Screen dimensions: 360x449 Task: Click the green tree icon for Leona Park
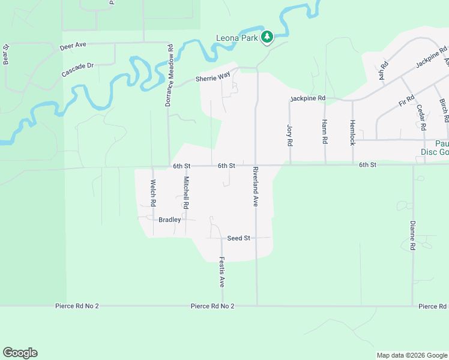pos(267,38)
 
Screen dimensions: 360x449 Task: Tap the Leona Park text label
pos(237,38)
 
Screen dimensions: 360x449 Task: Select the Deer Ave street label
pos(73,46)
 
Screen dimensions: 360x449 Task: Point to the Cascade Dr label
pos(77,69)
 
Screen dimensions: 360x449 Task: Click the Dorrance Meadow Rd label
pos(170,75)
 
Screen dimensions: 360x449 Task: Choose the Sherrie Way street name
pos(212,77)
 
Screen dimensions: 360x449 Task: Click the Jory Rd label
pos(290,136)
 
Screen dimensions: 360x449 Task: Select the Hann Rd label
pos(325,132)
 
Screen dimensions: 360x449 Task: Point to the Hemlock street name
pos(352,132)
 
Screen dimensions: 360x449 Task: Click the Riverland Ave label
pos(255,187)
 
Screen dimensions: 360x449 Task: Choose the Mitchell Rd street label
pos(186,193)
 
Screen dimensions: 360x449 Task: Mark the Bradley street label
pos(169,220)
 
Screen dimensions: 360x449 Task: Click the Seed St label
pos(238,238)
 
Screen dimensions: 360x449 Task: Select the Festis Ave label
pos(221,271)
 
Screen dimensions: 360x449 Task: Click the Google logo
pos(20,353)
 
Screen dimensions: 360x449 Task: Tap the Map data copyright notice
pos(411,355)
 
